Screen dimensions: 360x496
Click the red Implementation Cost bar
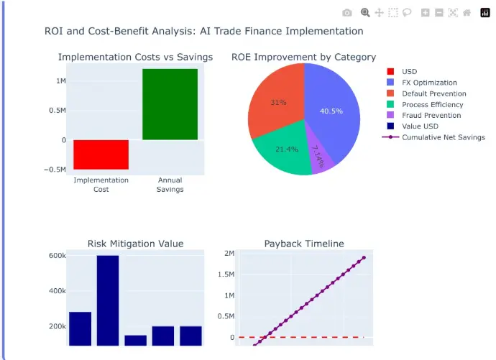click(x=101, y=154)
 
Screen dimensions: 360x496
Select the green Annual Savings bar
click(x=170, y=104)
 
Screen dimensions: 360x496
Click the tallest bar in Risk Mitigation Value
click(x=108, y=300)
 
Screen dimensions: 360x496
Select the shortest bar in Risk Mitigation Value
click(x=135, y=340)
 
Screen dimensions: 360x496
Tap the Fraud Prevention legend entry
click(x=431, y=115)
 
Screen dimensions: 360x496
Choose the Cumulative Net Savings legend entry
click(x=443, y=137)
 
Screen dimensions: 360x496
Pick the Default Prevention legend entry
click(x=433, y=93)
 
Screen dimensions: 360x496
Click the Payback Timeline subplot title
click(x=304, y=244)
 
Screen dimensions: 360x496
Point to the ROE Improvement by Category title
click(x=303, y=57)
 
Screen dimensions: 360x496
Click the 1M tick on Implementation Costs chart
click(x=61, y=80)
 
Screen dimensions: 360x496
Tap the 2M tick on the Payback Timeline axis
click(x=229, y=254)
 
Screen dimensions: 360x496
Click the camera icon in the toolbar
click(x=347, y=12)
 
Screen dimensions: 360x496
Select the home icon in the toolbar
click(x=467, y=12)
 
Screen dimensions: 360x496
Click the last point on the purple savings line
click(x=364, y=257)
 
